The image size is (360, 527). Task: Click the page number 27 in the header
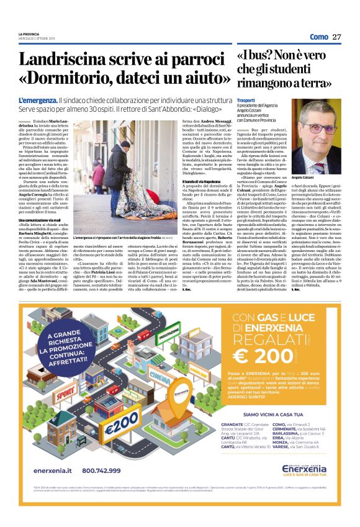point(337,37)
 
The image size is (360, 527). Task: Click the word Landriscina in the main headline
point(66,60)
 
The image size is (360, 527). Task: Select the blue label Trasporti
point(246,100)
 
